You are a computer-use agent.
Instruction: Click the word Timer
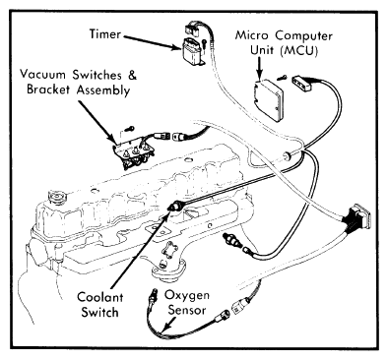(105, 33)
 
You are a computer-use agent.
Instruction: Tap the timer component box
(192, 51)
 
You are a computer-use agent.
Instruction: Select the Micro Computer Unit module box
(269, 99)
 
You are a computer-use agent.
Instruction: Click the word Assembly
(103, 90)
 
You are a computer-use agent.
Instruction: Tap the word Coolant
(100, 297)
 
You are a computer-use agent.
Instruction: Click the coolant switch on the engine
(176, 207)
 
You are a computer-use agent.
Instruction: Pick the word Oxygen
(186, 296)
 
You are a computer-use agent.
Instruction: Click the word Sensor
(187, 310)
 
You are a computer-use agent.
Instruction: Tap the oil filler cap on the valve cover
(58, 198)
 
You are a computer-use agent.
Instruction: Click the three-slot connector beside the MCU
(302, 83)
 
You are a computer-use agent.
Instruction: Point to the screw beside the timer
(204, 43)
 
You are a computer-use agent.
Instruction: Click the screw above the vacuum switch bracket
(130, 129)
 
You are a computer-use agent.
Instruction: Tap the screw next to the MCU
(282, 78)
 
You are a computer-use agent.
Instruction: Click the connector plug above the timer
(193, 28)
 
